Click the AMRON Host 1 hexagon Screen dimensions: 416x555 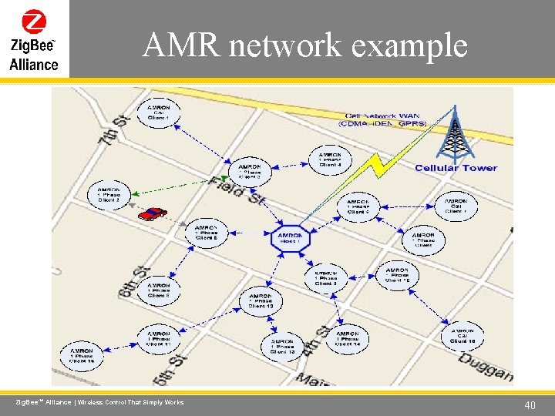[x=290, y=239]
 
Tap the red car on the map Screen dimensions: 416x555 [x=153, y=213]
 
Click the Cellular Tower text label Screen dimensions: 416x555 [x=456, y=168]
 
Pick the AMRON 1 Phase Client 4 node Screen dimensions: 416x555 [x=330, y=159]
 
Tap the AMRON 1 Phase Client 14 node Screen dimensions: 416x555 [x=347, y=339]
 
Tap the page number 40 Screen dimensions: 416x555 [x=530, y=405]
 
